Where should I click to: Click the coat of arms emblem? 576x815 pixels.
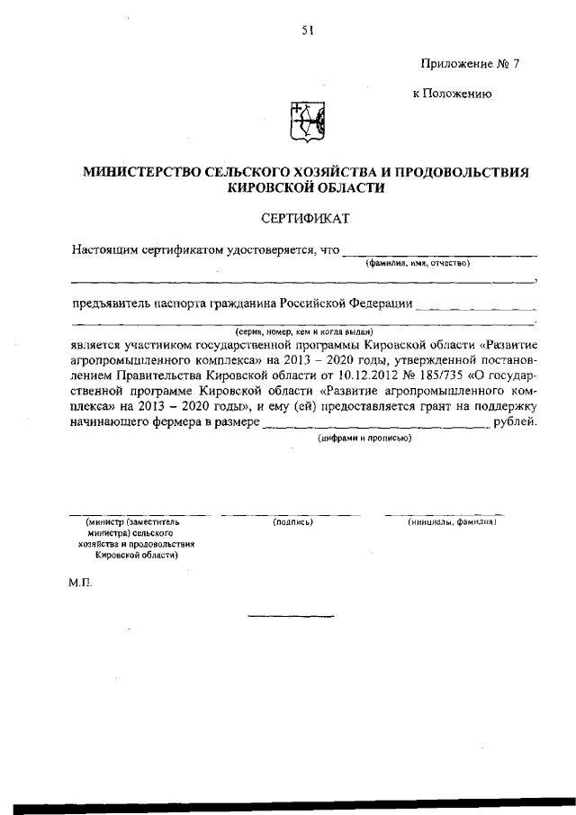pos(306,122)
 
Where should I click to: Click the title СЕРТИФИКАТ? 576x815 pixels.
pos(305,219)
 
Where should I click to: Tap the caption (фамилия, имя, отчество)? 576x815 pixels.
pos(418,263)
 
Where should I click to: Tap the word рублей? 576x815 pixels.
pos(516,422)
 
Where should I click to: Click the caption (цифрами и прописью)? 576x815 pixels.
pos(365,438)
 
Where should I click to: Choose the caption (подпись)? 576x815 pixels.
pos(292,521)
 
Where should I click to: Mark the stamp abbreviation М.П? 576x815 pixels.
pos(80,583)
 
